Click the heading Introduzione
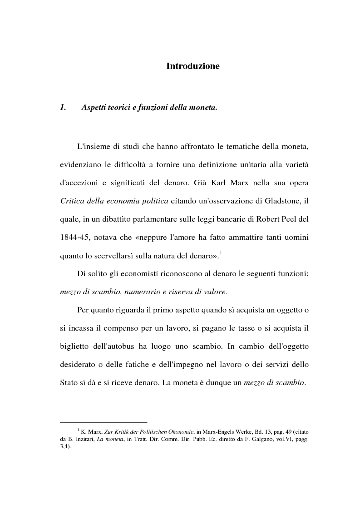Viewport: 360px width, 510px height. tap(192, 66)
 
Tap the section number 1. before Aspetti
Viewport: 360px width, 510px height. tap(64, 108)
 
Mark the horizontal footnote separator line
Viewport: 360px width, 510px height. tap(104, 422)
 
